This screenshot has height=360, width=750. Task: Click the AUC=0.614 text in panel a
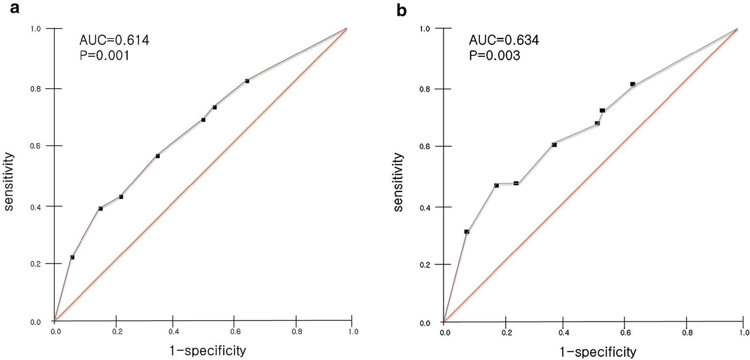click(x=114, y=40)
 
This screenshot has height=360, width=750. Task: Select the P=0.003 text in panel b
click(x=494, y=56)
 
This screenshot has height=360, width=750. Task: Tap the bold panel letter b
click(x=401, y=10)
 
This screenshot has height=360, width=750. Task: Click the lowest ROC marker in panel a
click(x=72, y=257)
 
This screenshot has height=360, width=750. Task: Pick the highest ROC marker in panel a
click(x=247, y=81)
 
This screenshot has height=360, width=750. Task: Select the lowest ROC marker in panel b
click(x=467, y=232)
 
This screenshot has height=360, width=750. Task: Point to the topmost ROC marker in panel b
click(x=632, y=84)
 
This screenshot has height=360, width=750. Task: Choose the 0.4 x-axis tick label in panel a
click(x=173, y=332)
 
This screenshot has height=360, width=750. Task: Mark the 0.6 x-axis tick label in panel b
click(x=625, y=332)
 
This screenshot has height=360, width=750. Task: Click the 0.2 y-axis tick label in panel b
click(x=425, y=265)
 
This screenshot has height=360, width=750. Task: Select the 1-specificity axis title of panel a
click(x=208, y=351)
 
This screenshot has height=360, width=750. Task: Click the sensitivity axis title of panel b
click(x=399, y=182)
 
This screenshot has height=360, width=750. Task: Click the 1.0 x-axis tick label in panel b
click(x=744, y=332)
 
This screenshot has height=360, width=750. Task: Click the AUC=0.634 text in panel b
click(x=504, y=40)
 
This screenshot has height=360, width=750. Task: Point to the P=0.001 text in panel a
click(x=105, y=55)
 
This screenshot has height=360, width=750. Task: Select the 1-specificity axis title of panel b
click(x=598, y=352)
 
